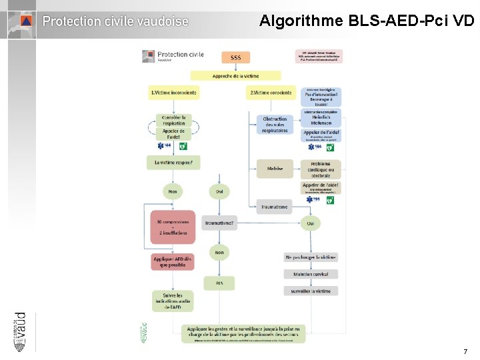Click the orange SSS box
(x=236, y=57)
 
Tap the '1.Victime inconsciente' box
(x=173, y=93)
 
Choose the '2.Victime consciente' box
(x=271, y=93)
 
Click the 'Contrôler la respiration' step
(x=173, y=120)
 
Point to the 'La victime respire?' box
(x=173, y=162)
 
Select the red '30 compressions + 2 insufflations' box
(x=173, y=227)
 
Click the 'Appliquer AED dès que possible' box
(x=173, y=261)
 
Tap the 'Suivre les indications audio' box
(x=173, y=301)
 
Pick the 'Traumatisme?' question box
(x=219, y=223)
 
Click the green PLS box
(x=219, y=283)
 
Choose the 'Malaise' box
(x=275, y=169)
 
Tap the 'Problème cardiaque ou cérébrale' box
(x=321, y=169)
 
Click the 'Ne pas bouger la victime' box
(x=311, y=257)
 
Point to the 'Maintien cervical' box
(x=311, y=274)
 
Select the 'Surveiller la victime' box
(x=311, y=291)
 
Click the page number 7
(x=465, y=351)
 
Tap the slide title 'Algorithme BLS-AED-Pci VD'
(x=366, y=21)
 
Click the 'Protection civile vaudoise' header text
(x=115, y=21)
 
